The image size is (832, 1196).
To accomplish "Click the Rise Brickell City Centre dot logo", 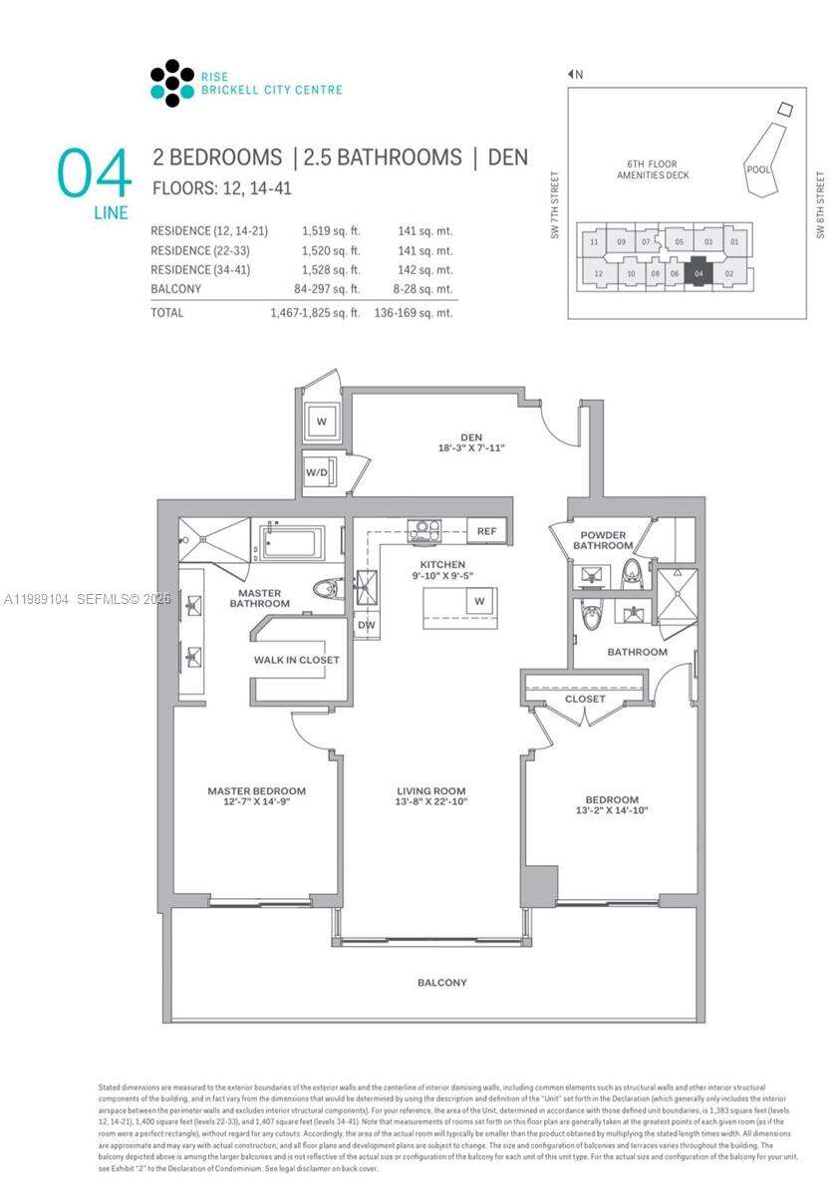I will coord(171,83).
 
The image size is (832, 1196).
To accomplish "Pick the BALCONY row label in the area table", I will coord(175,289).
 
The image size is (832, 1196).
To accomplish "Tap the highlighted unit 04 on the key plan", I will coord(698,273).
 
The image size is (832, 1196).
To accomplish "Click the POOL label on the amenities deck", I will coord(758,169).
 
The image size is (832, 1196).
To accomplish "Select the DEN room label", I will coord(471,435).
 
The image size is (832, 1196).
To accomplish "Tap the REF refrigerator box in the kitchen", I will coord(486,531).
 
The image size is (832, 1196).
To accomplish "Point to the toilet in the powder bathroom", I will coord(631,572).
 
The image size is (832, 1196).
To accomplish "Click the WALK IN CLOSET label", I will coord(296,660).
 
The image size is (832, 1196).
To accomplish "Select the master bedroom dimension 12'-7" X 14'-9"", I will coord(256,803).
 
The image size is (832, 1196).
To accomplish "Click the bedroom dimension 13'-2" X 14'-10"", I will coord(612,810).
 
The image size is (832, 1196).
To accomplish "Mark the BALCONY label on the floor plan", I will coord(441,983).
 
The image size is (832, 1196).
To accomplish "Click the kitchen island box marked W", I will coord(479,601).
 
